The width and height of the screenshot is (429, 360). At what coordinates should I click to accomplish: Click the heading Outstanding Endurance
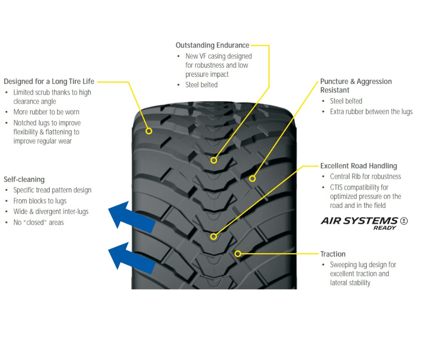(212, 45)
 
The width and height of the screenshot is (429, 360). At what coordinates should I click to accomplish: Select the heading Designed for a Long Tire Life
(49, 81)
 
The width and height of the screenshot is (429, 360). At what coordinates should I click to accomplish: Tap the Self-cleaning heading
(24, 180)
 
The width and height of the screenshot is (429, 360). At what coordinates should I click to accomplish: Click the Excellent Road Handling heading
(358, 166)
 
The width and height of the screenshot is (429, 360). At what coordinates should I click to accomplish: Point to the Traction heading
(333, 254)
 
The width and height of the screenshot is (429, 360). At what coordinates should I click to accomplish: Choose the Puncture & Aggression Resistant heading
(356, 85)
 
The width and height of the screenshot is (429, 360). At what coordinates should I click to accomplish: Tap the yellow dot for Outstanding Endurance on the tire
(214, 160)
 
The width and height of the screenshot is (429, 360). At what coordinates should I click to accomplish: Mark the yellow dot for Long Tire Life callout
(149, 131)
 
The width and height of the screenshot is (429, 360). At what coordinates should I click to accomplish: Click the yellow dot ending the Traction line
(237, 254)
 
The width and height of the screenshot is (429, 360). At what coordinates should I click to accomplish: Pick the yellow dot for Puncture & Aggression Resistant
(252, 179)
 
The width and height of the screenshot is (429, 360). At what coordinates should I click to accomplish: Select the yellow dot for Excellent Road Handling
(213, 236)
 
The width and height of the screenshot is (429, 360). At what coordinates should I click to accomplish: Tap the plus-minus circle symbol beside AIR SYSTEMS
(403, 221)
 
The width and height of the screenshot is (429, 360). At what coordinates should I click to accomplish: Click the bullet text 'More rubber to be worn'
(46, 112)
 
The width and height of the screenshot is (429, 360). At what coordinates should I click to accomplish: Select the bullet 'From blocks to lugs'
(40, 201)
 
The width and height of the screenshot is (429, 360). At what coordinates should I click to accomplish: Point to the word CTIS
(338, 187)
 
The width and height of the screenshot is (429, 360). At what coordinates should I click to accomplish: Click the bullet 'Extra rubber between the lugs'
(371, 111)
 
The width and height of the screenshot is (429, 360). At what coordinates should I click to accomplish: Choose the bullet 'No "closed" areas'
(38, 222)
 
